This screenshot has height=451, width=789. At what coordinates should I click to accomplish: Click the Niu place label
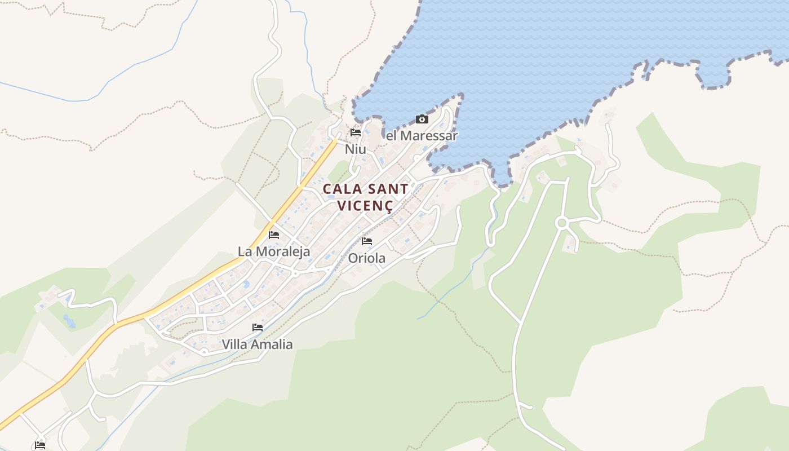[355, 149]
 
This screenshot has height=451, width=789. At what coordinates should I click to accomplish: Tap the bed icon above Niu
[356, 133]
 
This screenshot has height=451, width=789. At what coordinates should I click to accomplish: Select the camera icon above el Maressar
[422, 119]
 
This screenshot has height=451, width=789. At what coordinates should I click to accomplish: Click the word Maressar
[428, 136]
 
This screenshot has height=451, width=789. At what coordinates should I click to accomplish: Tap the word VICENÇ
[365, 205]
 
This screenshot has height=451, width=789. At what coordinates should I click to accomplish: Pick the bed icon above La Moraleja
[274, 235]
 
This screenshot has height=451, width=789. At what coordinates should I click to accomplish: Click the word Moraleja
[282, 251]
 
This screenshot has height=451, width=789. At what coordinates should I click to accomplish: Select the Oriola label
[367, 258]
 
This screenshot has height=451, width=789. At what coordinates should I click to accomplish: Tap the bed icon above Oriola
[367, 242]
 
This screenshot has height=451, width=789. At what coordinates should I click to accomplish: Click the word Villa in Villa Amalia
[235, 344]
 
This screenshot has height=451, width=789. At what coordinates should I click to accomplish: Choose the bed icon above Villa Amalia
[258, 328]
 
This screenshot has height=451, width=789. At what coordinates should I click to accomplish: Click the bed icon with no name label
[39, 445]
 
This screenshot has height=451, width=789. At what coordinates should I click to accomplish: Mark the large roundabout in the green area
[561, 223]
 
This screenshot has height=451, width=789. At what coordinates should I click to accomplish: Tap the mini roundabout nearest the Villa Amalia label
[204, 351]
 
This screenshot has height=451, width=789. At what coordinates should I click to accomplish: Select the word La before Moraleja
[245, 251]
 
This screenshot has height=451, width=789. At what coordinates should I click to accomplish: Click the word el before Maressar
[391, 136]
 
